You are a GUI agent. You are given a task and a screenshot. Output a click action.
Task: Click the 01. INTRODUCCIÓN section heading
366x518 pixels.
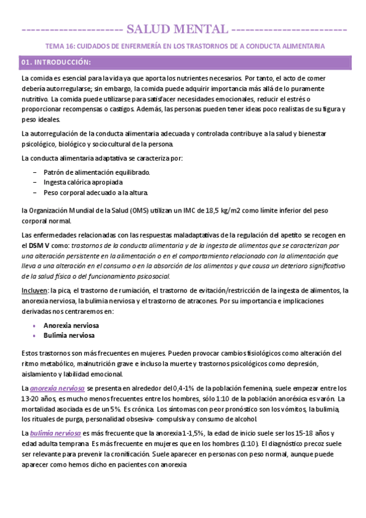point(56,62)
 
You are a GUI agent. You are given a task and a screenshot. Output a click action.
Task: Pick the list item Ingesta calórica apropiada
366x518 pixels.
point(83,182)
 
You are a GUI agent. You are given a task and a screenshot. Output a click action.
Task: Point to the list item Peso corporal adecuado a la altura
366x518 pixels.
point(96,192)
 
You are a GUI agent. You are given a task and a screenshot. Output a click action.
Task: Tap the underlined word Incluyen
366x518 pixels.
point(34,291)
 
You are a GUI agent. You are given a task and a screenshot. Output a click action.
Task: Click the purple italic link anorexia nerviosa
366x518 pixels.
point(57,388)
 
